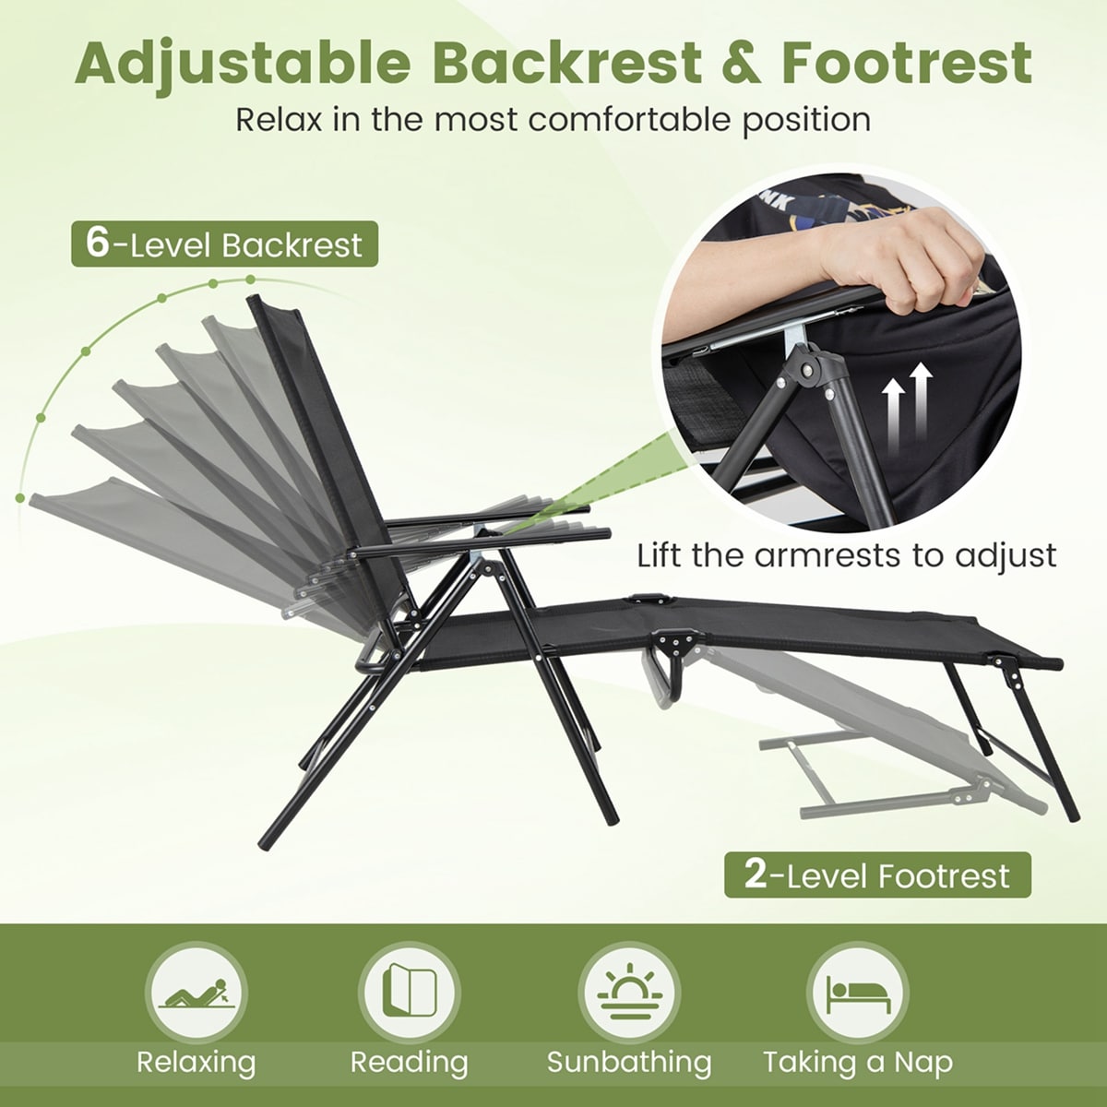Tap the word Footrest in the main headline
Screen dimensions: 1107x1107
coord(906,63)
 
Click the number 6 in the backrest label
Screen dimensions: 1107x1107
coord(96,244)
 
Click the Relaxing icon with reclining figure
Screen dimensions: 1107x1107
coord(196,993)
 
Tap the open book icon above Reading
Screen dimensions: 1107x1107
coord(409,993)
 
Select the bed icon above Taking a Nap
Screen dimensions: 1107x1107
coord(857,993)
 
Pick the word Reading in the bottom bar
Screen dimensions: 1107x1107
coord(409,1062)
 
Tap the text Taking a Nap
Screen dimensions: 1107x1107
coord(857,1062)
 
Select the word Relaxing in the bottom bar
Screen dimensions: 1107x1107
coord(196,1062)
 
